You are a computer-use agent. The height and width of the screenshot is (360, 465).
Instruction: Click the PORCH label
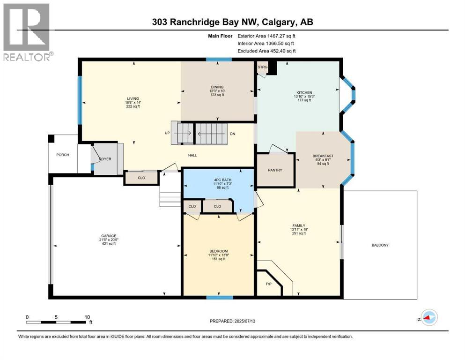tap(62, 155)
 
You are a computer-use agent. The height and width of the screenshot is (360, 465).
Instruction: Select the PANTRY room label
tap(275, 170)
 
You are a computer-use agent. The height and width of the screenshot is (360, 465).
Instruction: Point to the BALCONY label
tap(380, 245)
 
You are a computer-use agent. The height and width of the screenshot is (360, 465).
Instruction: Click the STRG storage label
tap(262, 67)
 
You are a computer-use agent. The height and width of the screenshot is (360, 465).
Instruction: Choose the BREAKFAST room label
tap(323, 156)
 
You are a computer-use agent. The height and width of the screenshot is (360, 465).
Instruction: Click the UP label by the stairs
tap(167, 133)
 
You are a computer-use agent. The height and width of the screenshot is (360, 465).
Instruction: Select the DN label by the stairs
tap(232, 134)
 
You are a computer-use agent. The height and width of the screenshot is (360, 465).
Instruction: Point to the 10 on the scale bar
tap(87, 317)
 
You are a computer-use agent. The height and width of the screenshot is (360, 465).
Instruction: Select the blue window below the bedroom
tap(220, 297)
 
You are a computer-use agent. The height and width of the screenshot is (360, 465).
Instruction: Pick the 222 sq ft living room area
tap(133, 106)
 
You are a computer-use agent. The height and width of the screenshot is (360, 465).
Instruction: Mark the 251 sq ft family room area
tap(298, 233)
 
